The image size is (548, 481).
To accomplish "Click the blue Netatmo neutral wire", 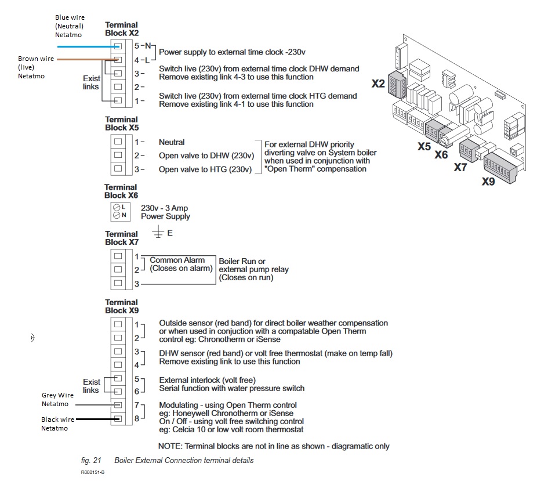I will [x=81, y=45].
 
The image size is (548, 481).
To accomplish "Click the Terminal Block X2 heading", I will [x=121, y=29].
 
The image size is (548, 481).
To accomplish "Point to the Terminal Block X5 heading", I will [x=121, y=123].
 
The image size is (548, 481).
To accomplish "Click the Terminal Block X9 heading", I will [x=121, y=306].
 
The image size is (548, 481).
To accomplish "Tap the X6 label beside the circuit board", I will [x=441, y=155].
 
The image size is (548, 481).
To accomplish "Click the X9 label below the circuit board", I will [x=488, y=182].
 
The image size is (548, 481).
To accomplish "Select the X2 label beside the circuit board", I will [x=378, y=84].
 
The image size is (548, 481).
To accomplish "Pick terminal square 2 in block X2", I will [x=118, y=87].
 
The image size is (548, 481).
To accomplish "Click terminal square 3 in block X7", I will [x=118, y=284].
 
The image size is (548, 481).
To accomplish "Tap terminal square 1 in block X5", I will [x=118, y=142].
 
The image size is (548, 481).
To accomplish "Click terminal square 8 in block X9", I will [x=118, y=418].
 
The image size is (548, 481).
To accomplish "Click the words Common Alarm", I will [x=177, y=261].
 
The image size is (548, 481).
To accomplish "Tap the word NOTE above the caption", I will [x=169, y=446].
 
